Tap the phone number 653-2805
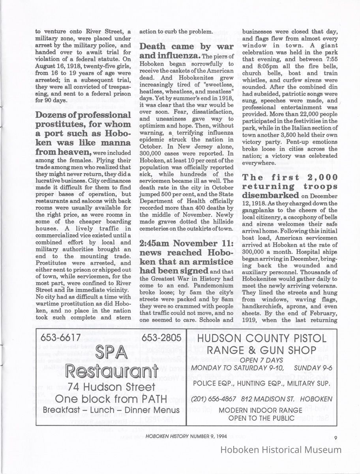161,338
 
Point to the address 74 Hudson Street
111,387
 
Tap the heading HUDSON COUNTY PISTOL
261,338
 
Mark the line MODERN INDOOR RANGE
261,410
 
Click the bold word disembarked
270,195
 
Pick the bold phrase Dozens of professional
83,115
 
